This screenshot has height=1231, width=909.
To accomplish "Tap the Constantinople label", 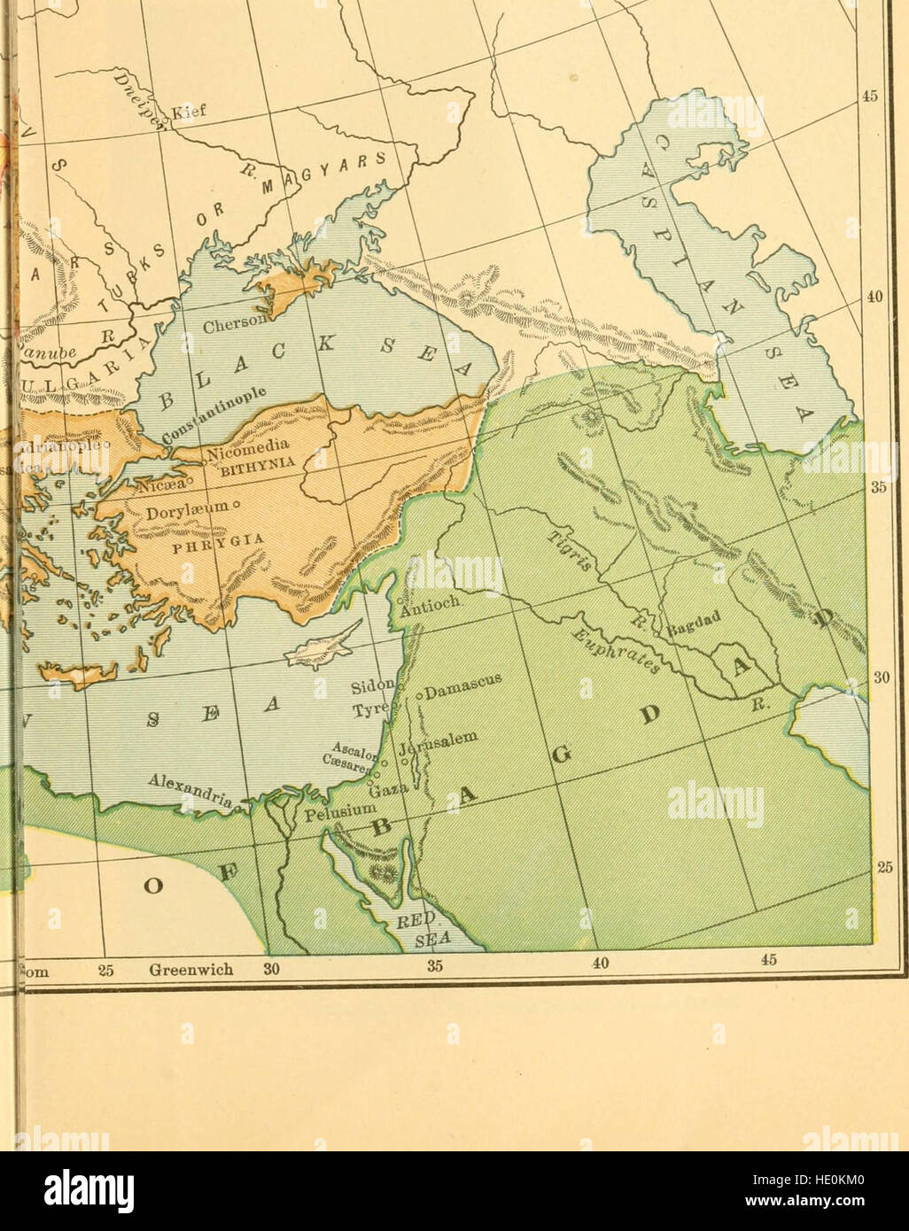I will pyautogui.click(x=218, y=417).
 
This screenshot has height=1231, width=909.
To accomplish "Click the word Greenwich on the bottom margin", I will pyautogui.click(x=190, y=969).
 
